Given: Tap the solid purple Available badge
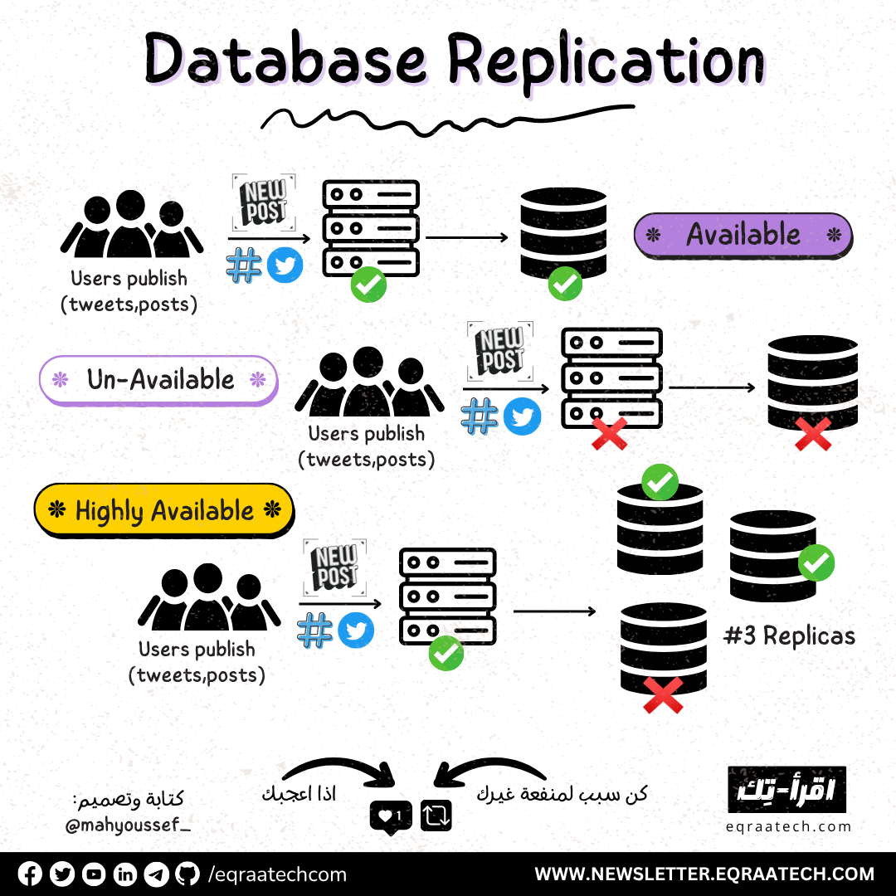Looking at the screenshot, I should point(743,235).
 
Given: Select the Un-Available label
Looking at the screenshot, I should point(159,380).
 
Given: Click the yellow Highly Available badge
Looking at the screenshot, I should point(164,509).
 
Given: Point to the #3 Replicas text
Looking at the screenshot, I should point(789,636).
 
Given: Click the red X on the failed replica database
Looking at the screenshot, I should point(663,695).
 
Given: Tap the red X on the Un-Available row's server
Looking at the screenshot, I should point(609,433).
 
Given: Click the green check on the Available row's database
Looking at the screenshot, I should point(565,283).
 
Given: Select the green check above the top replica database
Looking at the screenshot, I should point(660,482).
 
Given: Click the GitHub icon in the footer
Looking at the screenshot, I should point(188,874).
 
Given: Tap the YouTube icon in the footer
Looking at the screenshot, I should point(94,874).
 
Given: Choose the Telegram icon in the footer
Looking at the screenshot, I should point(157,874).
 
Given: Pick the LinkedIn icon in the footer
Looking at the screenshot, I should point(125,874).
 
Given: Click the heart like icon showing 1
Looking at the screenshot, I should point(390,816).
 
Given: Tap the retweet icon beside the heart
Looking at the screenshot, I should point(436,816).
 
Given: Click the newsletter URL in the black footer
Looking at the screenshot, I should point(704,874).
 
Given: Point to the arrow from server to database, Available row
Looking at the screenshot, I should point(466,238).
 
